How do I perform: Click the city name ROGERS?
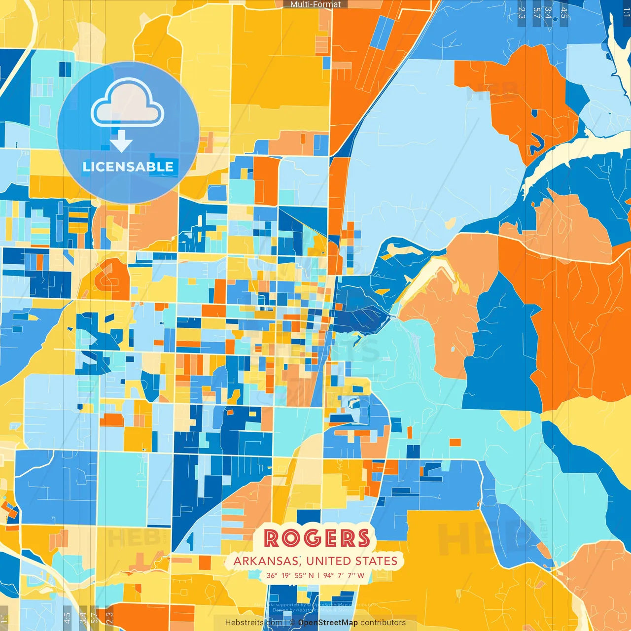click(316, 538)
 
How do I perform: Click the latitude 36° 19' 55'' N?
click(290, 575)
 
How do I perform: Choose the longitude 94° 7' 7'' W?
click(344, 575)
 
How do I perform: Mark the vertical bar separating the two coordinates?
click(318, 575)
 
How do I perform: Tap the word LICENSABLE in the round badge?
click(128, 167)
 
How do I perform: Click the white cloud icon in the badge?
click(128, 104)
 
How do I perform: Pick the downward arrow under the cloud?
click(121, 141)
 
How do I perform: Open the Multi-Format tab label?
click(315, 4)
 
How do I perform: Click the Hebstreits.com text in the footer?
click(253, 623)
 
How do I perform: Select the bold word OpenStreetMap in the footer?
click(328, 623)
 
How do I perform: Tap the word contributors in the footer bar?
click(383, 623)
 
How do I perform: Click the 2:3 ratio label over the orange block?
click(109, 617)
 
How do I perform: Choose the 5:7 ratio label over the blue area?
click(536, 12)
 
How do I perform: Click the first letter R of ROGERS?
click(272, 538)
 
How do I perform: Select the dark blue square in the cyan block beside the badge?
click(65, 69)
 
